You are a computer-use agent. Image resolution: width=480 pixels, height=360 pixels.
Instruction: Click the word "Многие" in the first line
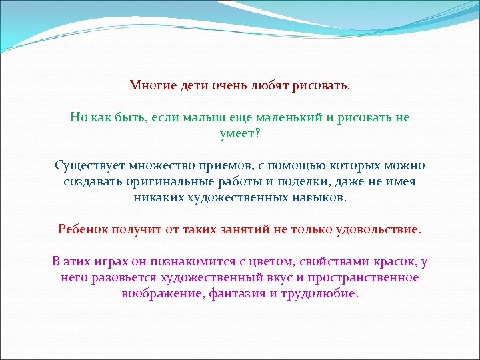[151, 86]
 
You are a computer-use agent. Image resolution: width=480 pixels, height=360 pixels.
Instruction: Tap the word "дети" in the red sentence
[192, 86]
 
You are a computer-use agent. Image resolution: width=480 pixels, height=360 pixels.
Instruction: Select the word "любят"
[267, 86]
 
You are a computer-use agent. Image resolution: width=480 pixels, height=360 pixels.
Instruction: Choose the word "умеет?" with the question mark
[240, 133]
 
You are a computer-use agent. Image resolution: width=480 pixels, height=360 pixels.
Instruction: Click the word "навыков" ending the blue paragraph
[320, 197]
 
